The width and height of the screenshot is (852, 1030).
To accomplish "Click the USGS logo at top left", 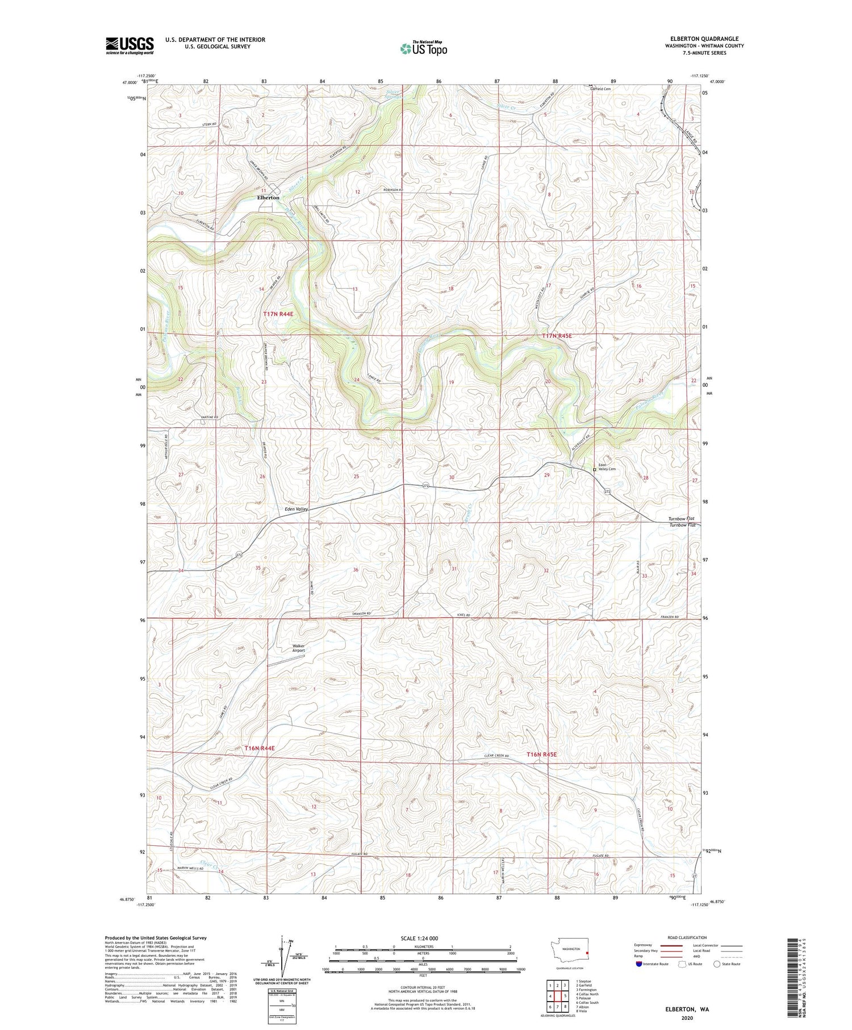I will [x=130, y=45].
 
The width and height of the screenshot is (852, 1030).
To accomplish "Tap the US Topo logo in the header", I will [x=423, y=49].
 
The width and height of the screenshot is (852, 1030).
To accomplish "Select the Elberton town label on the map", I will [x=268, y=198].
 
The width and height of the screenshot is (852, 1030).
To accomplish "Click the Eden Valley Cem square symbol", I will [x=595, y=470].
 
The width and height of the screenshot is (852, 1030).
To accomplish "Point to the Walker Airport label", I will [x=299, y=647].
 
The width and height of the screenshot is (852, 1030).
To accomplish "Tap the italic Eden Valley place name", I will [x=296, y=509].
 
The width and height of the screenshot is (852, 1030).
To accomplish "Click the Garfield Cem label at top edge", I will [x=600, y=89].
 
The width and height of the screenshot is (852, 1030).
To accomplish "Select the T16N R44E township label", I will [x=260, y=748].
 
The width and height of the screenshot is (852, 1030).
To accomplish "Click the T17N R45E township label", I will [x=557, y=336].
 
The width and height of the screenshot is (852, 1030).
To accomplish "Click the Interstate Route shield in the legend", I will [x=638, y=964].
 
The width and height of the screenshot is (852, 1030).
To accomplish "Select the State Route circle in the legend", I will [x=717, y=964].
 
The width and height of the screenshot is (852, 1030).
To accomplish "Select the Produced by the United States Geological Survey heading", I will [x=155, y=938].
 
